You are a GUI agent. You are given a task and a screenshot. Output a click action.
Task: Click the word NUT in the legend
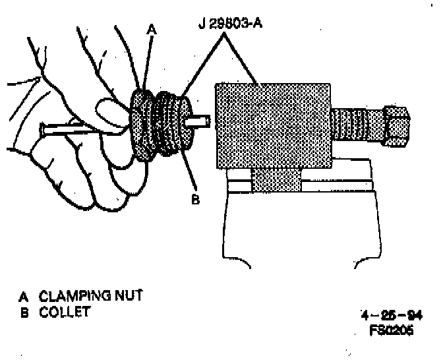click(x=128, y=294)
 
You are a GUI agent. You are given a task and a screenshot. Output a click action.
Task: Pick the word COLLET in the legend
click(x=64, y=311)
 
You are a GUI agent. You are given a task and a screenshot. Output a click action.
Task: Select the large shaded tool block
click(x=272, y=125)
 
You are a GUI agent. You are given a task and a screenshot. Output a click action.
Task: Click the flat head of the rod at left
click(x=43, y=129)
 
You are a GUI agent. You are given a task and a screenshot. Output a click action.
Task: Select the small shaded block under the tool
click(x=276, y=180)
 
